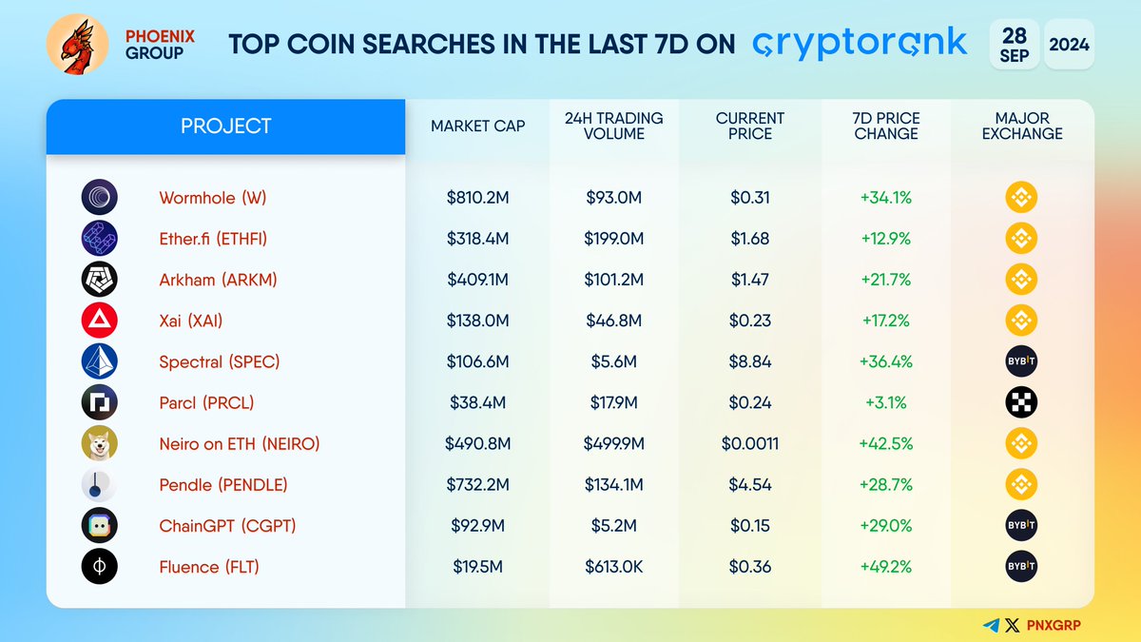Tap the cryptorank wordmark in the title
(x=860, y=43)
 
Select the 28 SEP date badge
(x=1014, y=44)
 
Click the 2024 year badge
(x=1069, y=44)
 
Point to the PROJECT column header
(x=226, y=126)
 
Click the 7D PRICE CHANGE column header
(x=886, y=126)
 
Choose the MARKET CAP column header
(x=477, y=126)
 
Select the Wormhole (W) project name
(x=213, y=198)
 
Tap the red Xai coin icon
(x=100, y=321)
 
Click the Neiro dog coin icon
(x=100, y=443)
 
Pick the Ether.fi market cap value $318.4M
(x=477, y=239)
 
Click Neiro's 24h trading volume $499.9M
(x=613, y=443)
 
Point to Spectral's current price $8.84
(x=749, y=361)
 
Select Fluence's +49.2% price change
(x=885, y=567)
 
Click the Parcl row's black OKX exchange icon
(x=1021, y=402)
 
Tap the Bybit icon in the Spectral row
(x=1021, y=361)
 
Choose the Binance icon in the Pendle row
(x=1021, y=484)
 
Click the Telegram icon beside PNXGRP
(x=992, y=625)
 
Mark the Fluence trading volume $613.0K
(x=613, y=567)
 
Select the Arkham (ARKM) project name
(x=218, y=280)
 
